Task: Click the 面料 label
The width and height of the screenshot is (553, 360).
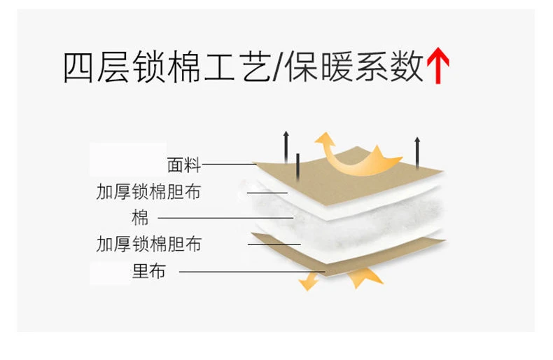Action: click(x=184, y=165)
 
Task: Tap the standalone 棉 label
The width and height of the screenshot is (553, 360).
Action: click(x=140, y=216)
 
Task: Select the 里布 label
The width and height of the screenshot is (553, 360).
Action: click(x=149, y=271)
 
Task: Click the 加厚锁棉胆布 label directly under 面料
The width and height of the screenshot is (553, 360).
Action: click(x=148, y=191)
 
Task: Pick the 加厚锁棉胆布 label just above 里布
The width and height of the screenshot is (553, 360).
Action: click(x=148, y=244)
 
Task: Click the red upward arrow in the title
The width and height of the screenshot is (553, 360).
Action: click(x=438, y=67)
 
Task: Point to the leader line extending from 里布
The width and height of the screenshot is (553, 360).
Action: click(x=252, y=272)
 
